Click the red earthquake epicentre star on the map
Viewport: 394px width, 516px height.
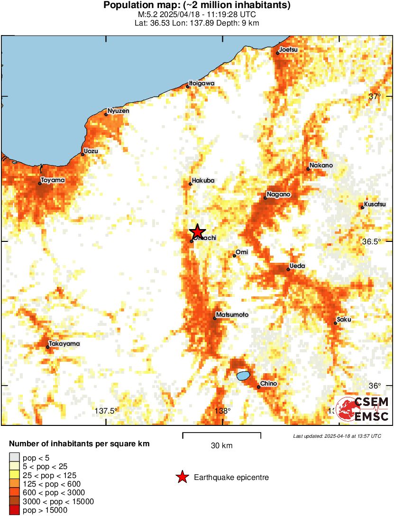[197, 231]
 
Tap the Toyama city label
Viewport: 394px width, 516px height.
[53, 180]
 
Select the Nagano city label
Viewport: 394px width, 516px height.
[278, 194]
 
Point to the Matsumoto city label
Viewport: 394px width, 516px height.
[232, 315]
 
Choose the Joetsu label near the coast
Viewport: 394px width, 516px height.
[288, 49]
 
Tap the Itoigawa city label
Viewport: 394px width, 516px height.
[202, 83]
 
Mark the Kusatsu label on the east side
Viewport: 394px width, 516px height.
[375, 204]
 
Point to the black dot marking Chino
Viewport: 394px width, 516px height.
[258, 387]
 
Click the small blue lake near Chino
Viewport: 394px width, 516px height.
[243, 376]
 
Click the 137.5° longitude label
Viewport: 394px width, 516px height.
[106, 411]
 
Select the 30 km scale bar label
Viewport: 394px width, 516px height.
[221, 445]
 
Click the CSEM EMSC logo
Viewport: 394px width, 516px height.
[363, 409]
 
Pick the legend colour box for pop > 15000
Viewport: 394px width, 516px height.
[15, 510]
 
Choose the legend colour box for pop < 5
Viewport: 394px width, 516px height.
[15, 458]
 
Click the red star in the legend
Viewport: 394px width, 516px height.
[182, 478]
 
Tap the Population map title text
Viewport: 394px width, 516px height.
[197, 6]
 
